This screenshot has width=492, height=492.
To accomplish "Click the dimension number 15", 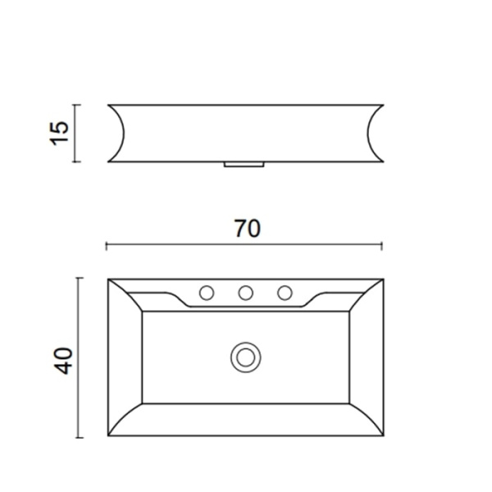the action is click(59, 133).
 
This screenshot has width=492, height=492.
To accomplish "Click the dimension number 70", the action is click(248, 229).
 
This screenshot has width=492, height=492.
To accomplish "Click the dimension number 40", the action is click(64, 361).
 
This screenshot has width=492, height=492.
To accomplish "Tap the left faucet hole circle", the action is click(207, 293).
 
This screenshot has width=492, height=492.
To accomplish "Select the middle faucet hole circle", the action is click(246, 293).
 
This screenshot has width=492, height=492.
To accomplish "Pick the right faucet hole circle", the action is click(285, 293).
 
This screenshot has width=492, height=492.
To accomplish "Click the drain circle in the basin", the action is click(246, 358).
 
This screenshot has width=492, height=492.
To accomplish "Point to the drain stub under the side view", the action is click(244, 165).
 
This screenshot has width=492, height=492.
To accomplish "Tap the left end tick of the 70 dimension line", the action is click(107, 246).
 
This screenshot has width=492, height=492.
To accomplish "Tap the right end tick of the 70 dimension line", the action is click(382, 246).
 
